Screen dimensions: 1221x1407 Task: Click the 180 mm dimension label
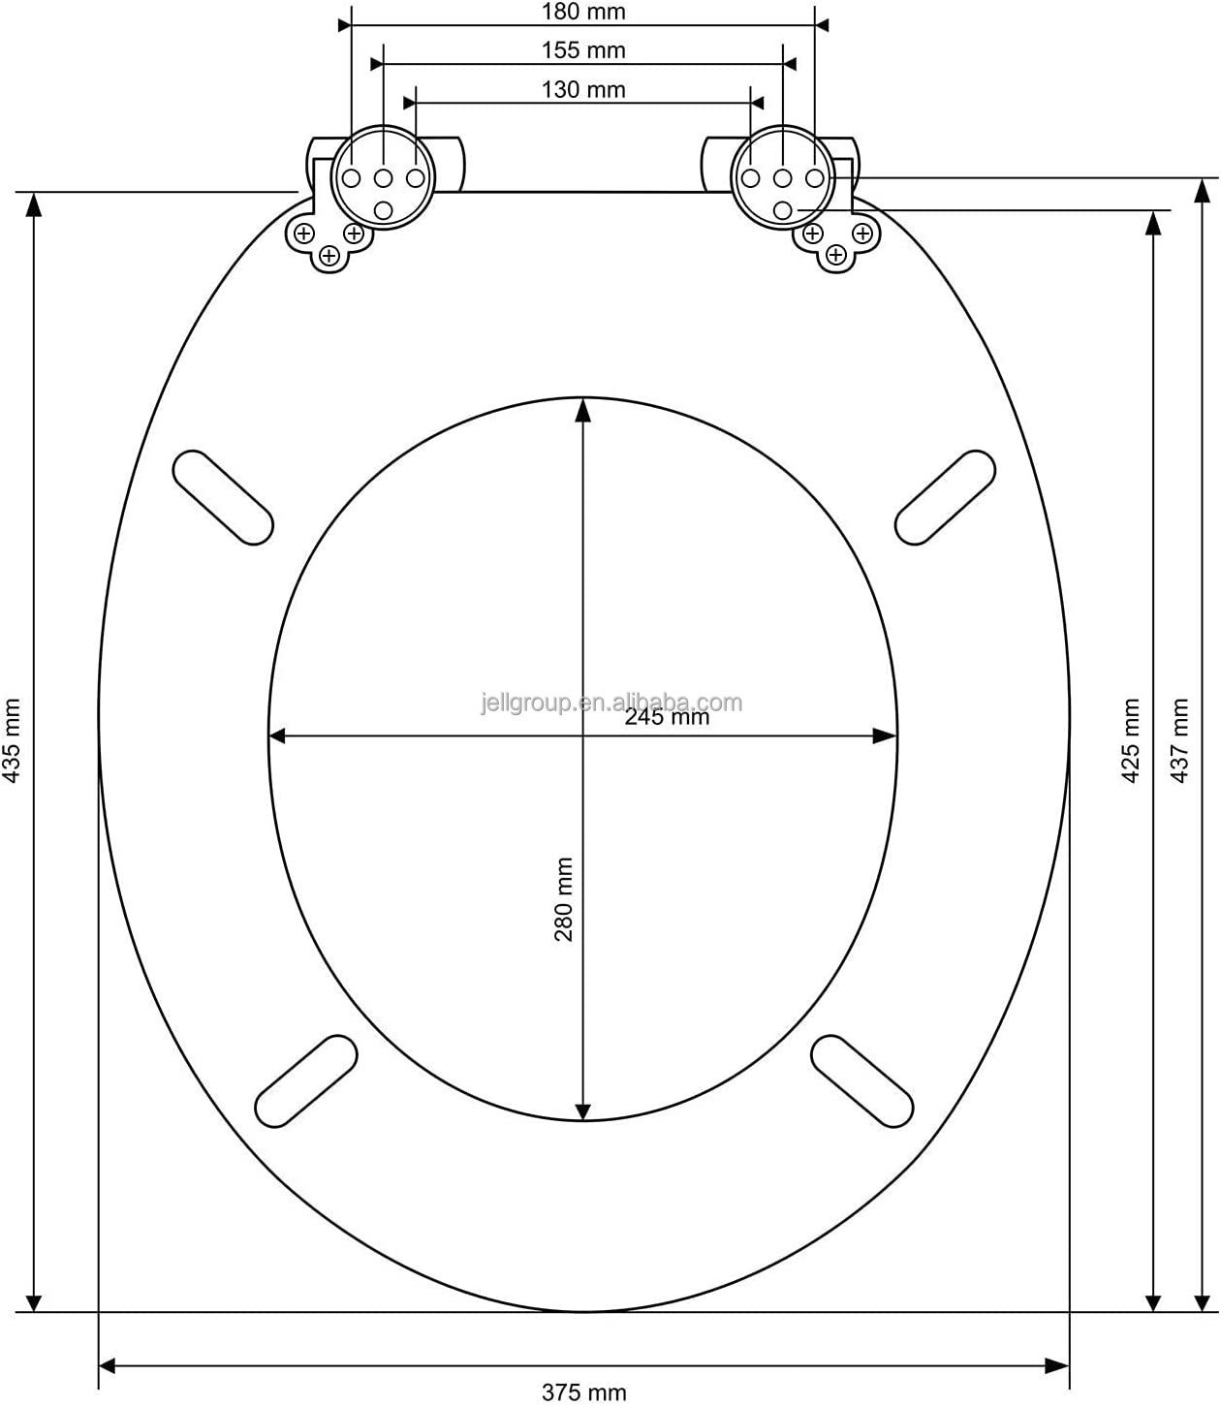click(x=583, y=12)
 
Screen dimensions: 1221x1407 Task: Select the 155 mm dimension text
click(x=583, y=50)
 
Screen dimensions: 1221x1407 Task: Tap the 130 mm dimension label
click(x=583, y=89)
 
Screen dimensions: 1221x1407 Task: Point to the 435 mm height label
click(x=12, y=740)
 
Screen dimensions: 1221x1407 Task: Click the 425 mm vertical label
click(x=1130, y=740)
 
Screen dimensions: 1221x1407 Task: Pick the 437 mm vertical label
click(x=1179, y=740)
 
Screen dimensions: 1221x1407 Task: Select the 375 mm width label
click(x=583, y=1392)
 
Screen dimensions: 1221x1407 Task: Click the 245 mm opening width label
click(x=666, y=717)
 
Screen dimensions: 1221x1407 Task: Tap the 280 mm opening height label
click(x=563, y=899)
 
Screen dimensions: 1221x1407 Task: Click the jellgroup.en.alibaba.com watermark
click(x=611, y=703)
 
